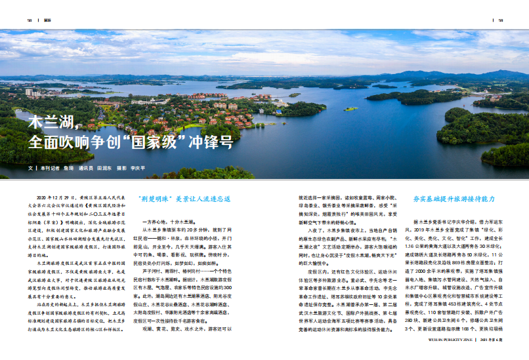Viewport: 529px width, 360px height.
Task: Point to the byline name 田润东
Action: click(x=104, y=168)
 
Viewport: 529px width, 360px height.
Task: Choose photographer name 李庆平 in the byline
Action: click(x=137, y=168)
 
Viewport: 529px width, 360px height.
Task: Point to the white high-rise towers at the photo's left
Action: click(x=29, y=92)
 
